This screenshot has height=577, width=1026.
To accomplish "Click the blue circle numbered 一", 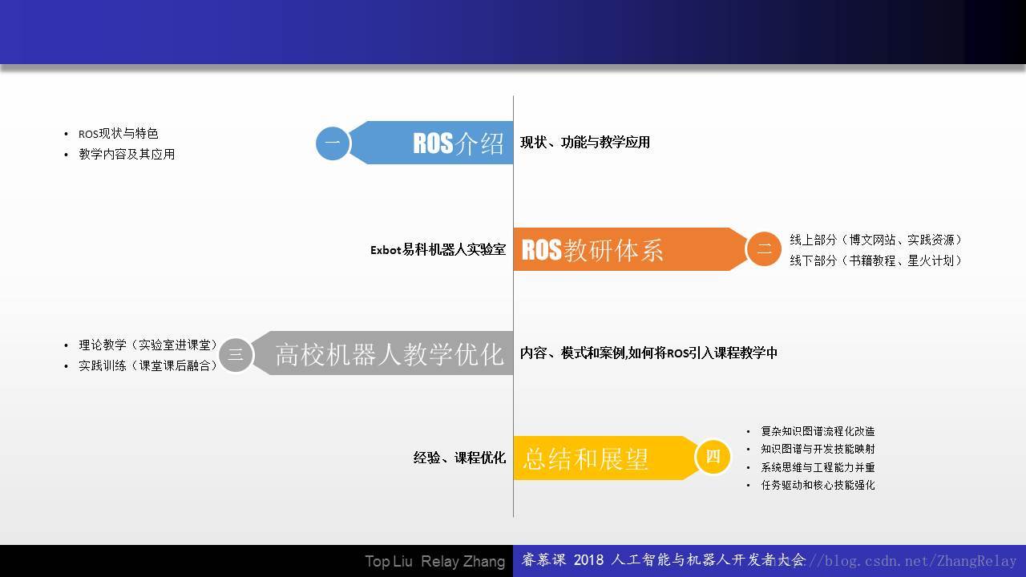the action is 333,143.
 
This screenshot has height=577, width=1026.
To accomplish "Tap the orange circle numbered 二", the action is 764,248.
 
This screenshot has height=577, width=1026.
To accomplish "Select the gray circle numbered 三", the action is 236,355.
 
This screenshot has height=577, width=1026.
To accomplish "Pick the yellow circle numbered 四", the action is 713,457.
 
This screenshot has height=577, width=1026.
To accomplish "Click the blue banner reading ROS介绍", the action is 431,143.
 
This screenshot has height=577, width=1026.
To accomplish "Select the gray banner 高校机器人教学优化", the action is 382,353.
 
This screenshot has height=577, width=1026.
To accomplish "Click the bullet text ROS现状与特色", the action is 119,134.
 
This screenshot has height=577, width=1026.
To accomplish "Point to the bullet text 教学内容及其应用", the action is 127,155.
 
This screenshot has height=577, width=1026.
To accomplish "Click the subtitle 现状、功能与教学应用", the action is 585,143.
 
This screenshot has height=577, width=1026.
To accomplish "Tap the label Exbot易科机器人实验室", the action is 438,249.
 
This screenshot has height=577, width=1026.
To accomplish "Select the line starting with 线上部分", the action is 875,240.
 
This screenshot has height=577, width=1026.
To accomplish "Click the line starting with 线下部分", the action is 875,260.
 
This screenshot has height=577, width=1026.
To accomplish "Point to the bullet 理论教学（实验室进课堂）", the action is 147,345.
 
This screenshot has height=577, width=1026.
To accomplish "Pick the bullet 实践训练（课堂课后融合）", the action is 147,365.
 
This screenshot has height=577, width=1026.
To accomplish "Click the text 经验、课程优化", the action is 459,458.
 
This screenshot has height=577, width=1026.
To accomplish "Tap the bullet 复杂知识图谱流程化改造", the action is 818,431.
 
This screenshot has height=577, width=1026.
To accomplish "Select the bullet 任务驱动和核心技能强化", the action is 818,485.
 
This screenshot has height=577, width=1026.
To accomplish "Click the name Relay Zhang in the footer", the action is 463,562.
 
